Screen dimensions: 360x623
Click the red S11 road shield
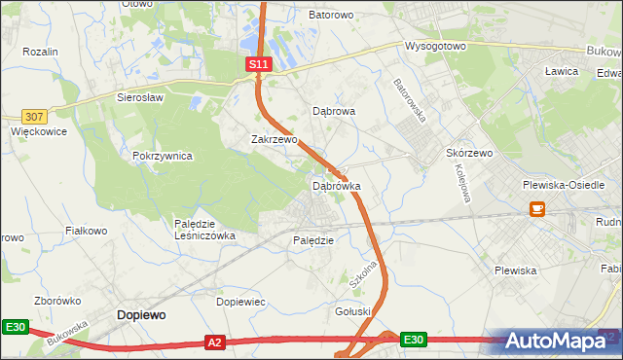click(257, 63)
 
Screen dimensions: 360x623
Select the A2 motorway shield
click(216, 342)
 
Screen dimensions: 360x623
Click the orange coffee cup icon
click(536, 208)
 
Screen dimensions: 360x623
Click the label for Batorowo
click(332, 16)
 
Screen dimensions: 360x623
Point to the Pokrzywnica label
click(163, 156)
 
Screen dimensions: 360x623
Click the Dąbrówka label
click(336, 185)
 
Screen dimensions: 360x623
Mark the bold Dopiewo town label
click(141, 315)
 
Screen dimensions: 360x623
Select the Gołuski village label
click(353, 311)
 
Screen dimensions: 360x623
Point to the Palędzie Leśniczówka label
click(204, 230)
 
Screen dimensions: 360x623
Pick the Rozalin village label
click(41, 52)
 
